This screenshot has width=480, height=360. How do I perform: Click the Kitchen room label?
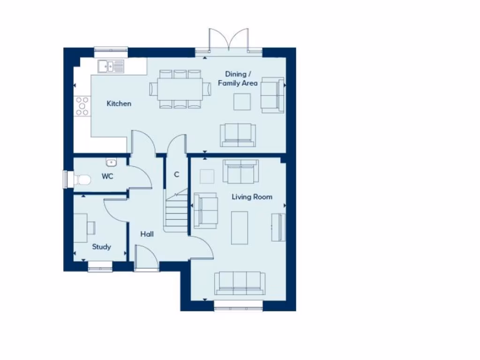coord(119,104)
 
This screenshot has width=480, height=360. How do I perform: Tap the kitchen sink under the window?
coord(111,67)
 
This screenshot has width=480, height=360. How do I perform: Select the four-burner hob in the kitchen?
coord(82,105)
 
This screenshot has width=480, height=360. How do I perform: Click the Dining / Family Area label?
coord(238,78)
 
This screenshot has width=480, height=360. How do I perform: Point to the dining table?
coord(180,89)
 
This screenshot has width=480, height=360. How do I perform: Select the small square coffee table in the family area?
coord(242,102)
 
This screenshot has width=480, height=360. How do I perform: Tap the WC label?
coord(107,177)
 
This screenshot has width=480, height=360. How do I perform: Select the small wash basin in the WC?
coord(111,163)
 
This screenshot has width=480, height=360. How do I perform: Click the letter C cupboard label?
coord(177,174)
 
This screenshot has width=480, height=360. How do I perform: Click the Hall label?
coord(147,233)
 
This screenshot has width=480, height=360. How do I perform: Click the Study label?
coord(101,247)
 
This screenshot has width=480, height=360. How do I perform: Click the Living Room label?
coord(252,197)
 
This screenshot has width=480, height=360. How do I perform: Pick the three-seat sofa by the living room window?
coord(240,283)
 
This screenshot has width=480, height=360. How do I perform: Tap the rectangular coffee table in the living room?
coord(240,227)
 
